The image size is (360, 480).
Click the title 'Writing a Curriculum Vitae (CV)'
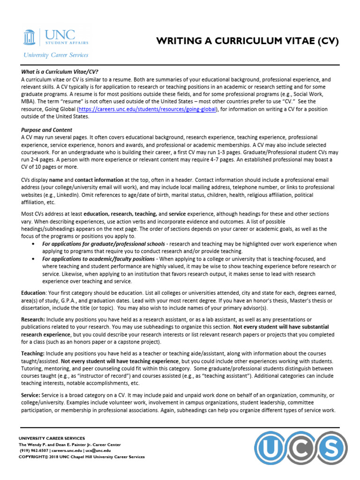pos(247,41)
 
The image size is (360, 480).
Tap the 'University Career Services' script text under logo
pos(55,55)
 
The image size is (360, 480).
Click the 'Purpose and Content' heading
pos(46,130)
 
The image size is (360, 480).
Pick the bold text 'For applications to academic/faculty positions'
pos(98,259)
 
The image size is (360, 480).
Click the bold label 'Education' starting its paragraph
pos(33,292)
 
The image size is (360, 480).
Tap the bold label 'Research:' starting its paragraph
pos(33,319)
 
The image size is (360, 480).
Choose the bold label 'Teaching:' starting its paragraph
pos(33,353)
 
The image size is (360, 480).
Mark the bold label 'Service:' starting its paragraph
pos(31,396)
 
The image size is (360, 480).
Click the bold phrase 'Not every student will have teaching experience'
pos(120,361)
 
